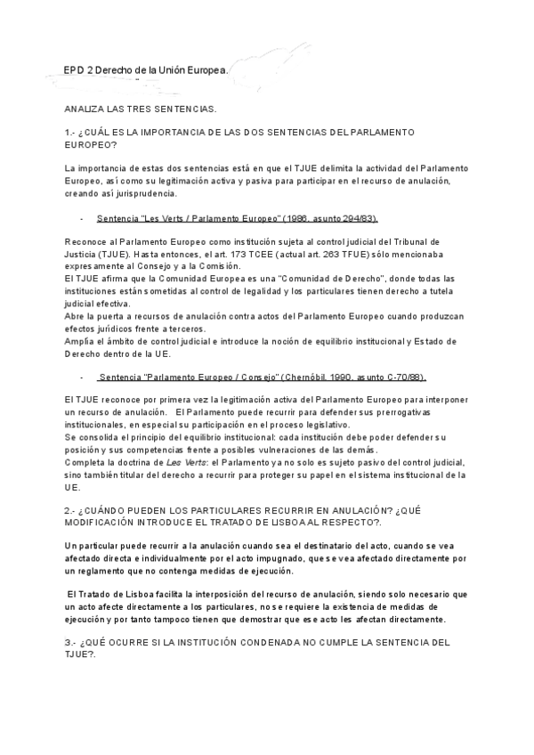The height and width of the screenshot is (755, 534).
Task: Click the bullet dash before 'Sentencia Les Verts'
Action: pos(82,218)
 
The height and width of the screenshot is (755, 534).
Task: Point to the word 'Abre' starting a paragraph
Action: pos(75,314)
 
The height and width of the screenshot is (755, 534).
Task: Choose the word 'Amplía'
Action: pos(79,341)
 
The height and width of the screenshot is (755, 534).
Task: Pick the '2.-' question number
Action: pos(70,510)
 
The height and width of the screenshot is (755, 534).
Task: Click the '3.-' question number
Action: pos(70,642)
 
